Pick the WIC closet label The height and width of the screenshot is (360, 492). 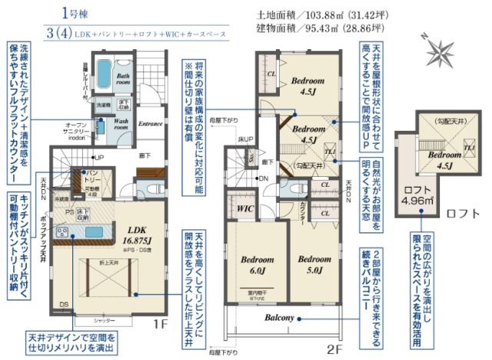coord(246,208)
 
